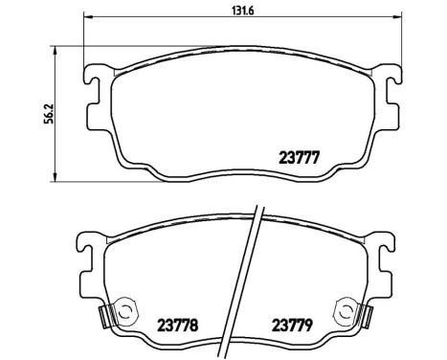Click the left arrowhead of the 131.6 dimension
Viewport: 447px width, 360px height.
point(88,17)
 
